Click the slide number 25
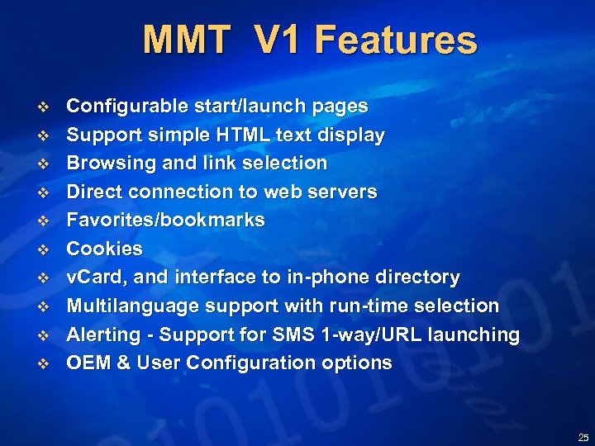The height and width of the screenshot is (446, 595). pyautogui.click(x=583, y=437)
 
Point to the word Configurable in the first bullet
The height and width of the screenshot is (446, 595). pyautogui.click(x=126, y=107)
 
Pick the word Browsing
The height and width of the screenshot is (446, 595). pyautogui.click(x=107, y=163)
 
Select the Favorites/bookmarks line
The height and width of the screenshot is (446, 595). pyautogui.click(x=165, y=220)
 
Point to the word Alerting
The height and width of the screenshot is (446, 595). pyautogui.click(x=102, y=334)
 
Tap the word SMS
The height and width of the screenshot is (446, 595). pyautogui.click(x=296, y=334)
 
